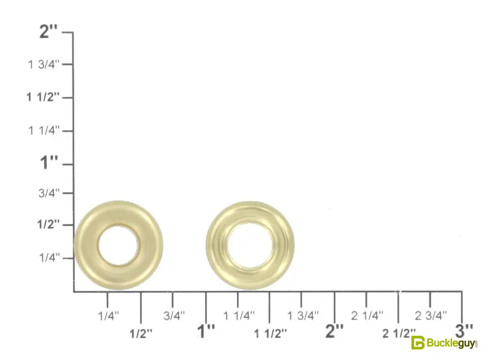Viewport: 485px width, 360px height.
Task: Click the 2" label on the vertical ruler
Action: point(48,31)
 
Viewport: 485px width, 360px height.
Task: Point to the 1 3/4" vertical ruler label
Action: point(44,64)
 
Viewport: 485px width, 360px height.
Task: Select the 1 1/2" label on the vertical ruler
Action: point(43,97)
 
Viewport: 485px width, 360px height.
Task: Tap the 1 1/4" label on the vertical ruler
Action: point(44,130)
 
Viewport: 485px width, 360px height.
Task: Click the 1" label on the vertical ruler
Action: point(49,162)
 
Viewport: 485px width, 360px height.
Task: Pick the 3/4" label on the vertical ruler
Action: point(49,193)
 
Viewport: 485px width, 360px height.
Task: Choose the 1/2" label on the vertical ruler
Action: point(48,224)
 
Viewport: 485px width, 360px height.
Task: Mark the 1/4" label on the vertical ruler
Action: point(49,257)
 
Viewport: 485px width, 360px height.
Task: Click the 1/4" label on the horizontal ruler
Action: point(109,316)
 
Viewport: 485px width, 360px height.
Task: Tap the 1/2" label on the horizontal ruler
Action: point(141,334)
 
